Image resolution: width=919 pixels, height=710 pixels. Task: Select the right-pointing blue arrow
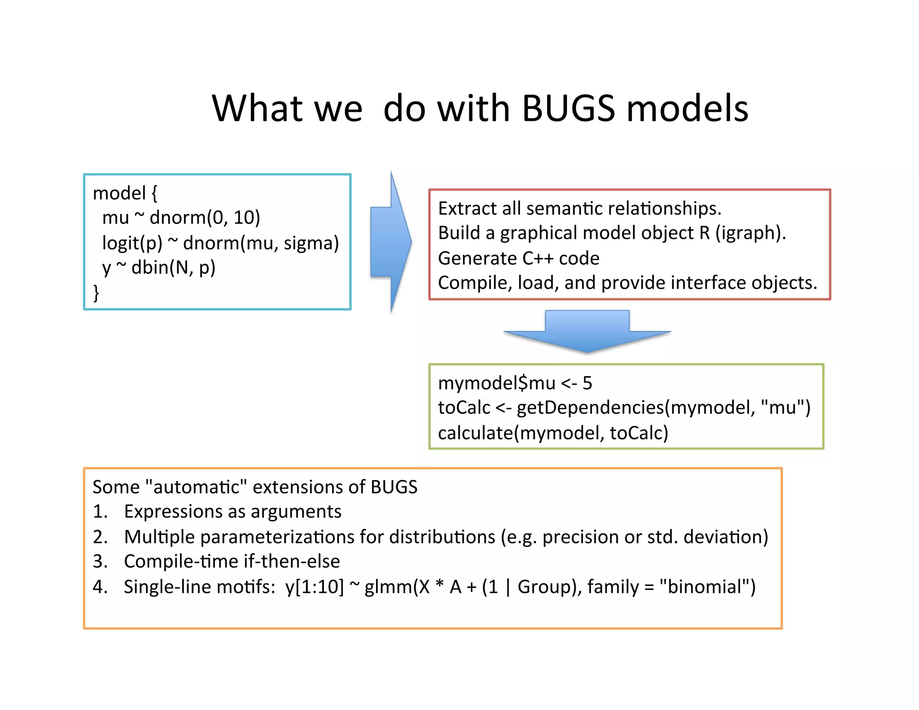click(x=389, y=242)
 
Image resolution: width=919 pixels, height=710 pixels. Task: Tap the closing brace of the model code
click(x=96, y=293)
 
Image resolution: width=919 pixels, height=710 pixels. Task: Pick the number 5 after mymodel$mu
click(x=587, y=383)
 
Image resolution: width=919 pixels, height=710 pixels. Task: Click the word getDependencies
click(x=591, y=408)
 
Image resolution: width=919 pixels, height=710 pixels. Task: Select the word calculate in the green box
click(x=475, y=433)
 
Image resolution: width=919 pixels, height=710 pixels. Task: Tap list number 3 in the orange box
click(x=100, y=561)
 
